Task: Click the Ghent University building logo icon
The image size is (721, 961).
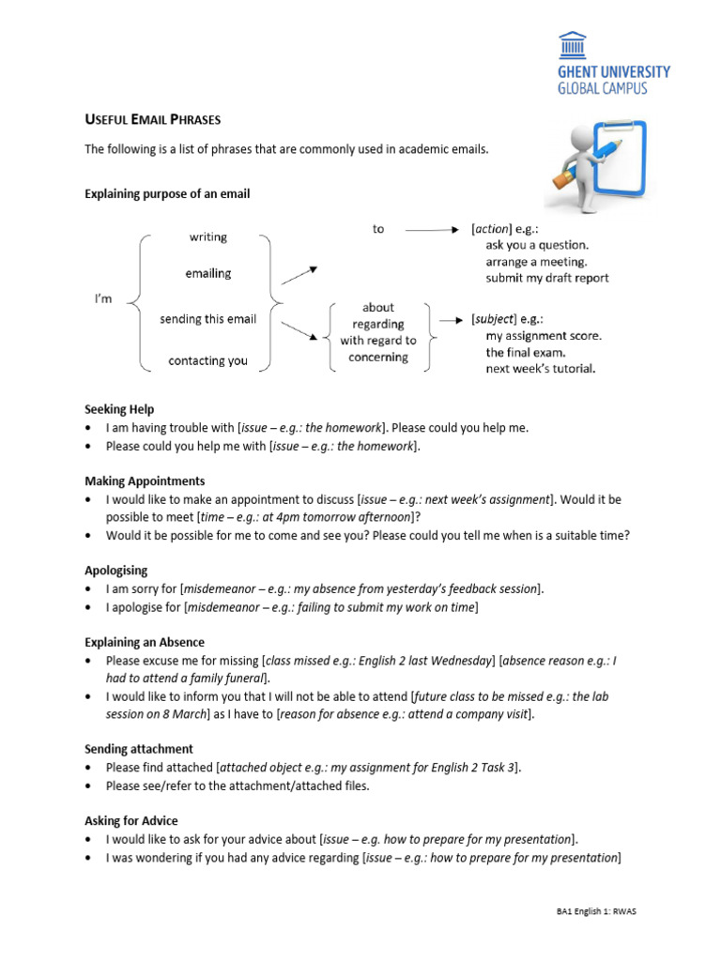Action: click(572, 45)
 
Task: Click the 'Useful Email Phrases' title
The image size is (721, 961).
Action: click(153, 119)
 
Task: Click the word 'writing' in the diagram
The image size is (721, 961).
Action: click(207, 237)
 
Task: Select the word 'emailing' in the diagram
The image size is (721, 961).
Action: click(207, 274)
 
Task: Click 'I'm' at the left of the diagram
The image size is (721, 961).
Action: click(103, 298)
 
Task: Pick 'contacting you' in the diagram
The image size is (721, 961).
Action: click(207, 360)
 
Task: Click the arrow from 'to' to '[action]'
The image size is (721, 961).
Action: click(433, 229)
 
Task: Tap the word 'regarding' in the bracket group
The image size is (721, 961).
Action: click(378, 324)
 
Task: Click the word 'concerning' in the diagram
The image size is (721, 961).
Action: click(378, 358)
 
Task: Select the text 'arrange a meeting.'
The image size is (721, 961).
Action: click(535, 262)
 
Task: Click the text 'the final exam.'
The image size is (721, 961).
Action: click(526, 352)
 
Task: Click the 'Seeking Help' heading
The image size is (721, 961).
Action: click(119, 409)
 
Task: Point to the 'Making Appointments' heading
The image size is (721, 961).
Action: click(145, 480)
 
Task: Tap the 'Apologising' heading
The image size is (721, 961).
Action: click(116, 571)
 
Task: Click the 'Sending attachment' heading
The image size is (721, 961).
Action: click(139, 749)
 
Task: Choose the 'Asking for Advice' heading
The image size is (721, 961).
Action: click(131, 821)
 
